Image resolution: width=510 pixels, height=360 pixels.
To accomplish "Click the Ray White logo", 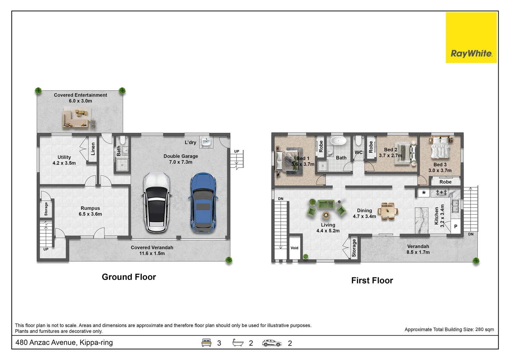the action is (471, 38).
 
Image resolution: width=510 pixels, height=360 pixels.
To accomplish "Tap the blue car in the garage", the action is (203, 203).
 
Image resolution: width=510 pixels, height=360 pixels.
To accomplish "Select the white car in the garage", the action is (157, 202).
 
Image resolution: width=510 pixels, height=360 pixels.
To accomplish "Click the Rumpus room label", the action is (90, 211).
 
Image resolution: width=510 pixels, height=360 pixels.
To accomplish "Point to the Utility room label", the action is (64, 160).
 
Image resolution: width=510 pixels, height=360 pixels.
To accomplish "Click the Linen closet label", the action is (93, 149).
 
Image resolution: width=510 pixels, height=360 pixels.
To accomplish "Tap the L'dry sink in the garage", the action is (206, 142).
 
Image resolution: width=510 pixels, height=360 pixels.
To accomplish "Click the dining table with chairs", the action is (388, 211).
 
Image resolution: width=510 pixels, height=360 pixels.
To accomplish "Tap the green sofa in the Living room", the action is (326, 204).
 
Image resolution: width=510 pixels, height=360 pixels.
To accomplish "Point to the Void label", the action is (295, 248).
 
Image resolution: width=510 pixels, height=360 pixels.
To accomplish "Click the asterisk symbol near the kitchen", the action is (424, 193).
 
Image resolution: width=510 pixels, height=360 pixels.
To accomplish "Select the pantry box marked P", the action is (456, 226).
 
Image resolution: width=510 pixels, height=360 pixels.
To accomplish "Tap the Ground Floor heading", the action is (129, 277).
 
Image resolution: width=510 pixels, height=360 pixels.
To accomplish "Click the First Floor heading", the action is (372, 280).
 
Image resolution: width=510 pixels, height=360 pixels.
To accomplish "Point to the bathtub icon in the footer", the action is (238, 343).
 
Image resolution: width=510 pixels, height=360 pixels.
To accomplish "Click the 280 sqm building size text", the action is (485, 330).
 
